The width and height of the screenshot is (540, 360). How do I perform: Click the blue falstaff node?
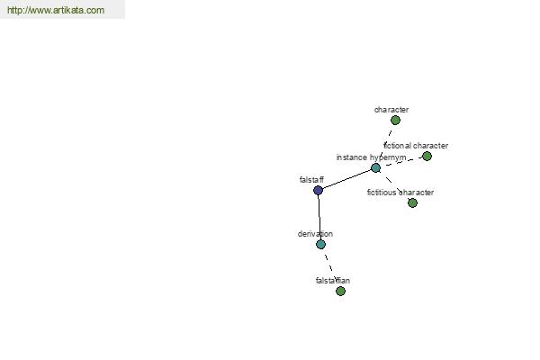click(318, 190)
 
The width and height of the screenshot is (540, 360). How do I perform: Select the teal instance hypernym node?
click(375, 167)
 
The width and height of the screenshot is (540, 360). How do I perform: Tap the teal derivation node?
click(320, 244)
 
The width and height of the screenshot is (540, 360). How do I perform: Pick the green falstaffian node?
click(340, 291)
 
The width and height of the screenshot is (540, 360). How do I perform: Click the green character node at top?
click(395, 121)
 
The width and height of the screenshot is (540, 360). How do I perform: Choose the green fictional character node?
click(427, 157)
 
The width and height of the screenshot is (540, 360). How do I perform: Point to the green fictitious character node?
click(412, 202)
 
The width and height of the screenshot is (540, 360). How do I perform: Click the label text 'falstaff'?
click(311, 179)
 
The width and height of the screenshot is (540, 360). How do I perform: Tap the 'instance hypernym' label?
click(371, 157)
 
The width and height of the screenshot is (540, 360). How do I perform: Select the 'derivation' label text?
click(315, 234)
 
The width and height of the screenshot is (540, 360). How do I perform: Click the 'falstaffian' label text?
click(333, 281)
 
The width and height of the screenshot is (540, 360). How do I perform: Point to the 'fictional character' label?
click(416, 146)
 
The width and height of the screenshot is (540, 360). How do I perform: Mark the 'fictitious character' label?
click(400, 193)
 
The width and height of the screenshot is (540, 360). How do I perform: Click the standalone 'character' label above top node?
click(391, 110)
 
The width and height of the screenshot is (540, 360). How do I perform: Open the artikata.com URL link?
click(56, 10)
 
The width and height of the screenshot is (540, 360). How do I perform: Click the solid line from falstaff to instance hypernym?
click(346, 179)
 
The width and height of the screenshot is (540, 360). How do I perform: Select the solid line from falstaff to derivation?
click(319, 218)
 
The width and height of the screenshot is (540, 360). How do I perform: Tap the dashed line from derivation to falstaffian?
click(330, 267)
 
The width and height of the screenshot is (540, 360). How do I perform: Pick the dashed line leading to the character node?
click(386, 144)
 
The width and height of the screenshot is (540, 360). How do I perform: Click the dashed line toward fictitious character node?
click(394, 185)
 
